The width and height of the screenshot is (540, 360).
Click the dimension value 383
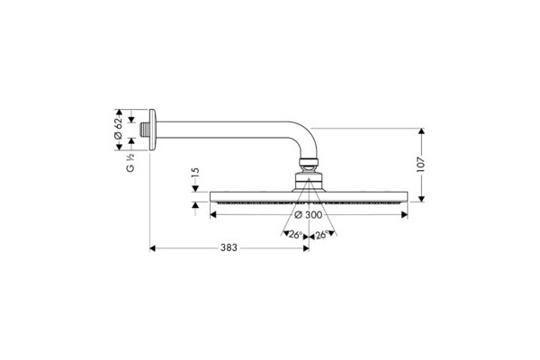(229, 247)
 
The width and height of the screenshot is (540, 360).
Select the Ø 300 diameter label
(309, 215)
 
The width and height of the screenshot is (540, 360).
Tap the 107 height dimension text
(421, 165)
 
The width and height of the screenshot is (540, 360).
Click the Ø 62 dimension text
(118, 129)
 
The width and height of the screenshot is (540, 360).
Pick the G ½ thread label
(130, 163)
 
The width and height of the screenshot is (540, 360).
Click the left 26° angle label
(295, 235)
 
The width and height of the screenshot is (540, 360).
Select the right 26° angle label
(321, 235)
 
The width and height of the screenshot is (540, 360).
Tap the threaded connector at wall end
(145, 130)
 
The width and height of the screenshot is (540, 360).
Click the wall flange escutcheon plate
(152, 130)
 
